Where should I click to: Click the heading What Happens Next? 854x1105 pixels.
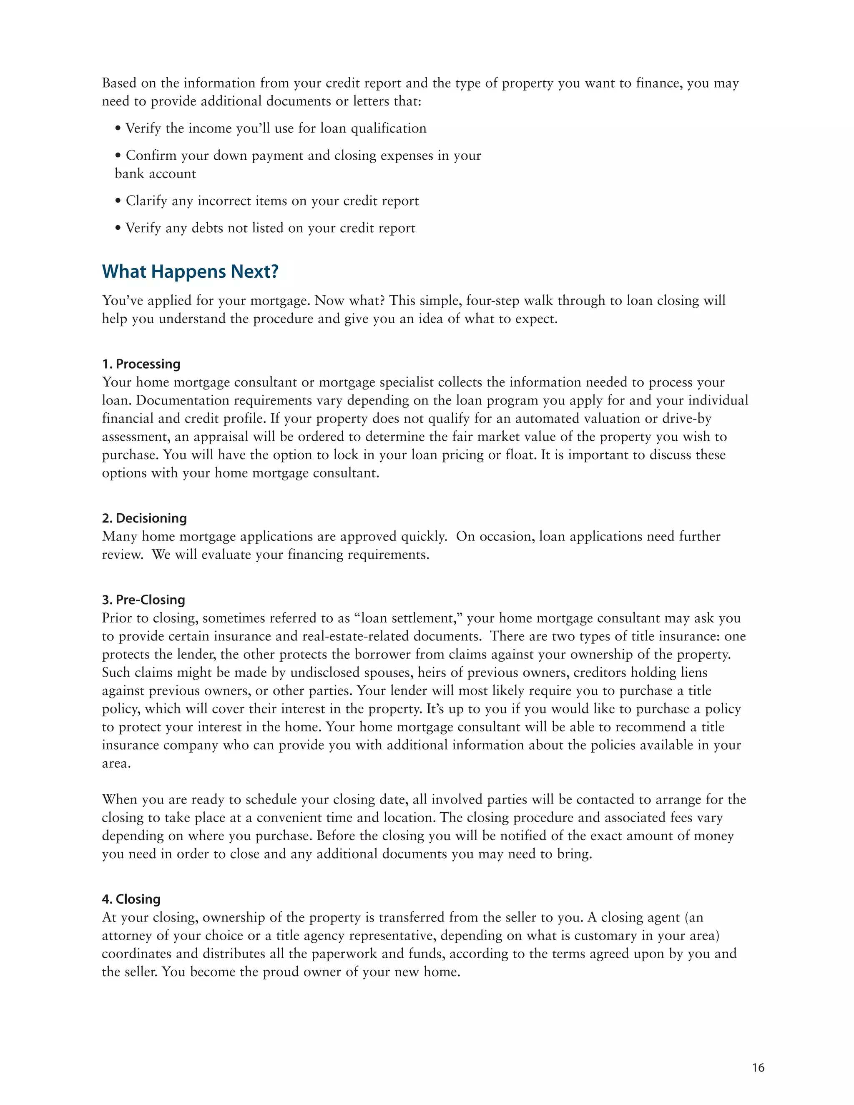point(190,272)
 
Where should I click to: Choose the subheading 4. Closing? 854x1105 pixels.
point(131,899)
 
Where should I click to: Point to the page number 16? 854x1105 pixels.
point(758,1067)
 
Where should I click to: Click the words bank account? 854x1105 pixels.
point(155,173)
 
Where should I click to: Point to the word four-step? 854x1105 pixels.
point(492,301)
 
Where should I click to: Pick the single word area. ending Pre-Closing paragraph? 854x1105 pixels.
point(116,763)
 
